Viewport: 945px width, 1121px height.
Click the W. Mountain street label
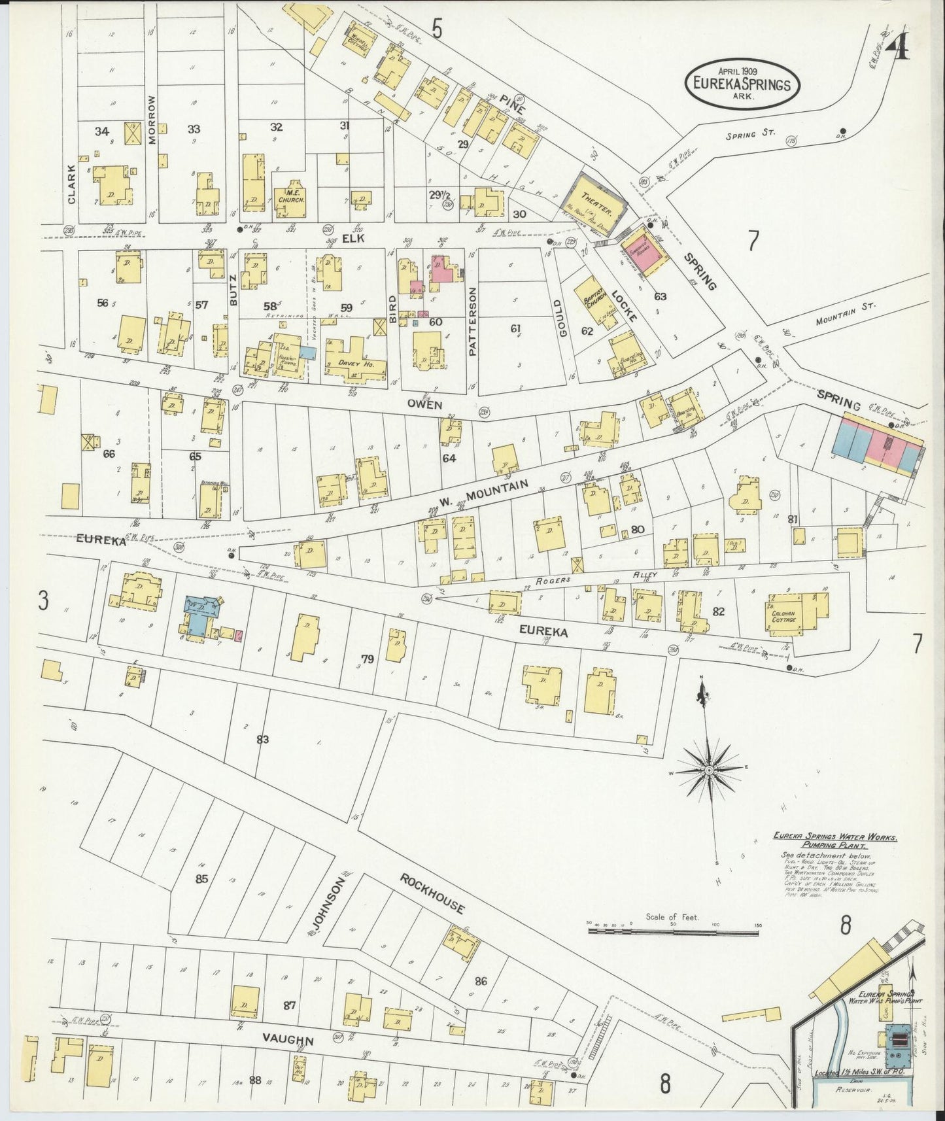(x=483, y=494)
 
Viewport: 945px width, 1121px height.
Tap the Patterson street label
(x=473, y=320)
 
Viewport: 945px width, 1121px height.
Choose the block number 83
(x=263, y=739)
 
